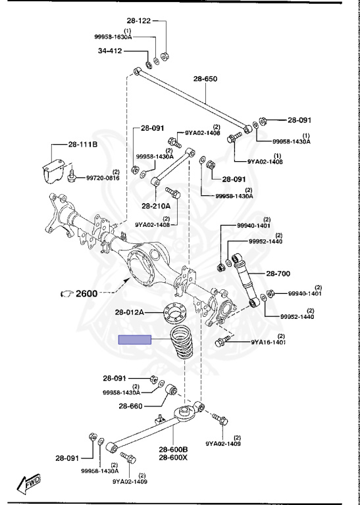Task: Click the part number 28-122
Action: tap(139, 21)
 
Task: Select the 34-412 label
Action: tap(110, 51)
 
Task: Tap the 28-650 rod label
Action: tap(205, 79)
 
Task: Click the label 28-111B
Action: tap(82, 145)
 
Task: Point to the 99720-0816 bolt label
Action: tap(103, 178)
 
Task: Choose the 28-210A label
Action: tap(156, 205)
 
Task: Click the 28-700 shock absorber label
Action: tap(278, 274)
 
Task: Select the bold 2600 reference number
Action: tap(86, 293)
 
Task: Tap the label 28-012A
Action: tap(130, 312)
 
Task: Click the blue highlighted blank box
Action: tap(135, 339)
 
